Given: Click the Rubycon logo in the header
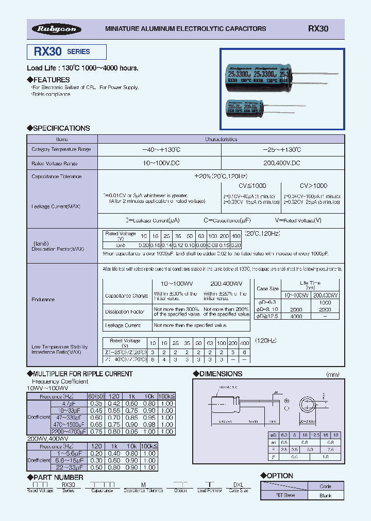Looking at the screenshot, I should [x=57, y=29].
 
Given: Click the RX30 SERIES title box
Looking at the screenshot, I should [x=66, y=52].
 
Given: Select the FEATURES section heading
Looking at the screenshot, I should [x=49, y=80].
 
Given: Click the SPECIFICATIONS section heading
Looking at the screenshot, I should [x=58, y=128].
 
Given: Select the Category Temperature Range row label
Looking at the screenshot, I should [x=61, y=149].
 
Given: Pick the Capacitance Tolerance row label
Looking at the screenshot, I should [x=57, y=177].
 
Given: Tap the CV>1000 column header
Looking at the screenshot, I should [x=313, y=186].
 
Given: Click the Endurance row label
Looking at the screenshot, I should [x=43, y=299].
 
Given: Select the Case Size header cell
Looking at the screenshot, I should [x=267, y=289].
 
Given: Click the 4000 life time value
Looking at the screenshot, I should [x=296, y=316].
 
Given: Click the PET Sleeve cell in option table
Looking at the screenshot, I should [x=284, y=495].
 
